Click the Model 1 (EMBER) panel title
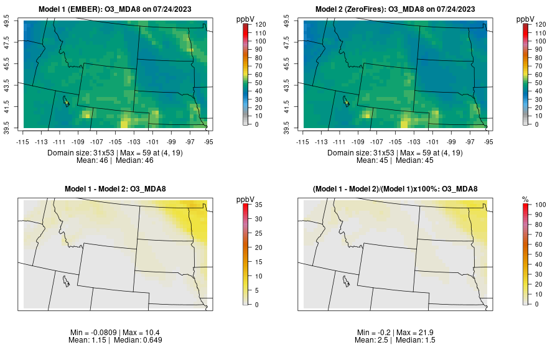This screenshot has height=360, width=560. coord(118,9)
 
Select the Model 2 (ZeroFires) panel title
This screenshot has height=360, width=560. coord(398,9)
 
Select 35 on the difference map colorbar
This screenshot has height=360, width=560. coord(256,204)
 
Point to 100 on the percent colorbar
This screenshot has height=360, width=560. coord(537,204)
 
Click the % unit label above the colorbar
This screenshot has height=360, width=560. coord(525,199)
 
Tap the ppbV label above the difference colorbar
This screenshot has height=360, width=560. coord(246,199)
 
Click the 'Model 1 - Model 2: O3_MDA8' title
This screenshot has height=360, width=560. coord(118,189)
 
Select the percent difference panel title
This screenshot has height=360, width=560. coord(398,189)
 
